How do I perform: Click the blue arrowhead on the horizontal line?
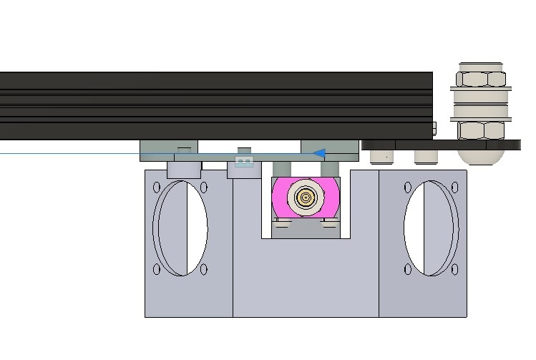pyautogui.click(x=321, y=152)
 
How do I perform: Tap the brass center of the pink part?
pyautogui.click(x=306, y=198)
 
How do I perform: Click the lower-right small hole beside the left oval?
pyautogui.click(x=204, y=270)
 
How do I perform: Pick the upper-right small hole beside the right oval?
pyautogui.click(x=454, y=188)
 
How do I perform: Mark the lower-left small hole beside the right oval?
pyautogui.click(x=407, y=270)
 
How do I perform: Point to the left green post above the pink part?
pyautogui.click(x=281, y=169)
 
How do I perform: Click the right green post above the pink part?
pyautogui.click(x=330, y=169)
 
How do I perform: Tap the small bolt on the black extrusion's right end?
pyautogui.click(x=435, y=129)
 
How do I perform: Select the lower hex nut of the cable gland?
pyautogui.click(x=481, y=130)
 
